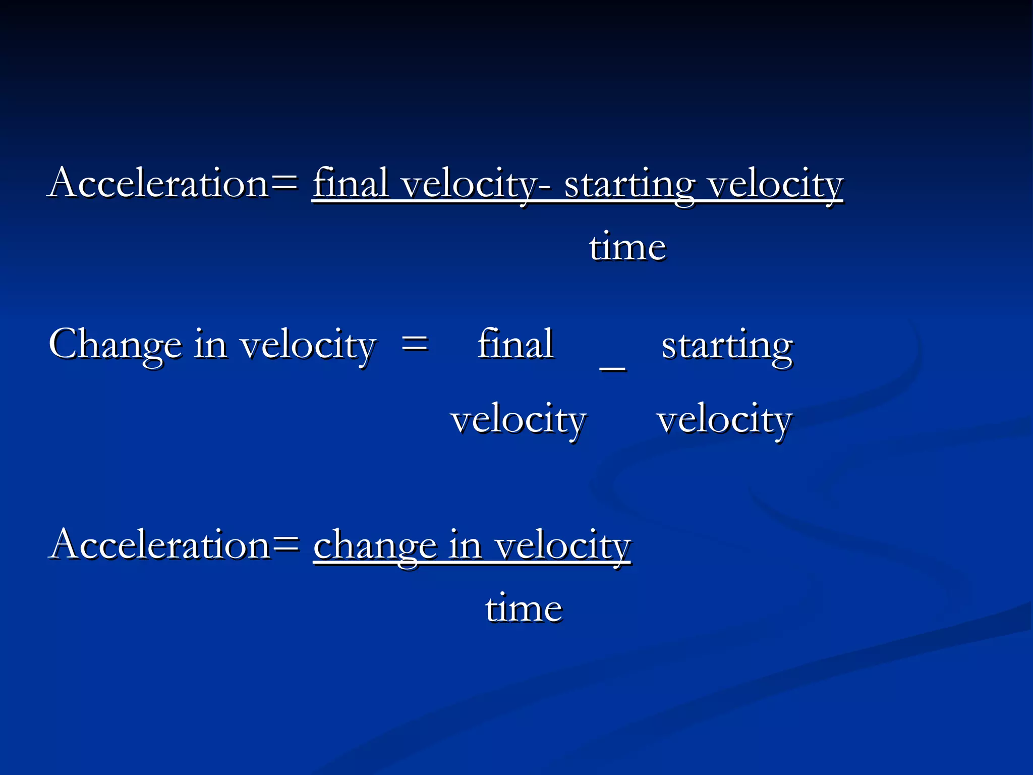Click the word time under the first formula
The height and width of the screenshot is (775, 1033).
pos(627,247)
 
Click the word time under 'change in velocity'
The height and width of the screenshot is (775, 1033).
pos(524,608)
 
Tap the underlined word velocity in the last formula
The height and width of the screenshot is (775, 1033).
pos(562,546)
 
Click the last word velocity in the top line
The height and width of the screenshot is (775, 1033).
pos(775,185)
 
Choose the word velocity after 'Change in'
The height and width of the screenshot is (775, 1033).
pos(308,346)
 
